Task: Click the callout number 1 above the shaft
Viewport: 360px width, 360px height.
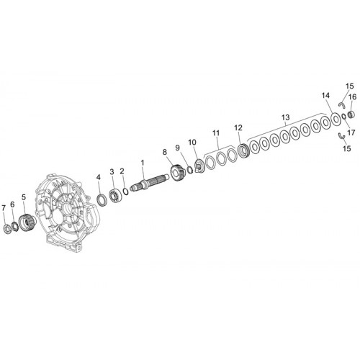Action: click(x=143, y=163)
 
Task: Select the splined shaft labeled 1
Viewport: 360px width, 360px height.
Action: click(x=149, y=183)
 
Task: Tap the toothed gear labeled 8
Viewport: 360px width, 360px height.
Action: click(x=177, y=171)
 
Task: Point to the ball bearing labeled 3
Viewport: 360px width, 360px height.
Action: click(x=115, y=197)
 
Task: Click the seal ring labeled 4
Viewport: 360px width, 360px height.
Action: click(x=102, y=200)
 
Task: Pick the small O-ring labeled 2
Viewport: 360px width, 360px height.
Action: click(x=125, y=192)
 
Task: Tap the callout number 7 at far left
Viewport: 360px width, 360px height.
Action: click(x=4, y=208)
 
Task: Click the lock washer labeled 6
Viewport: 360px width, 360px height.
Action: click(x=15, y=227)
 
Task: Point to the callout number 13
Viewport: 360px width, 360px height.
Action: click(x=286, y=117)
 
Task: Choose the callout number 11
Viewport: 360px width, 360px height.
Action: click(x=216, y=132)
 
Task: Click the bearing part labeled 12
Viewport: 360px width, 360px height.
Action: click(x=243, y=150)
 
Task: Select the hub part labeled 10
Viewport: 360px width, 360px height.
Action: click(x=199, y=166)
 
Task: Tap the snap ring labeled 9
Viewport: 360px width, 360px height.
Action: click(x=190, y=169)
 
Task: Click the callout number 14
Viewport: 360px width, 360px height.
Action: click(x=325, y=96)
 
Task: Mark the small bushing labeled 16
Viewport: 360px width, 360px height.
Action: click(x=351, y=114)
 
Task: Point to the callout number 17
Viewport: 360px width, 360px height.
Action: click(x=351, y=132)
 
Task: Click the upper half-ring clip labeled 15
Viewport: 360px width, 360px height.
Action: click(x=341, y=104)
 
